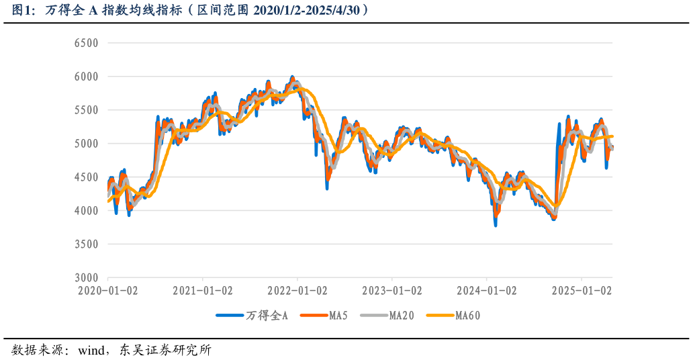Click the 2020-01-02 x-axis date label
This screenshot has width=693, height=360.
coord(108,291)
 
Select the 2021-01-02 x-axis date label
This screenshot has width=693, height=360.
coord(203,291)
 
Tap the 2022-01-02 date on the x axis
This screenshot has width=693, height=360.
coord(297,291)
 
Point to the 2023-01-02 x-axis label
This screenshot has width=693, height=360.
coord(392,291)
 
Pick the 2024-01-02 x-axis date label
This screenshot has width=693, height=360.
coord(487,291)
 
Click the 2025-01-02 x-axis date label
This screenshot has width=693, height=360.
coord(582,291)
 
